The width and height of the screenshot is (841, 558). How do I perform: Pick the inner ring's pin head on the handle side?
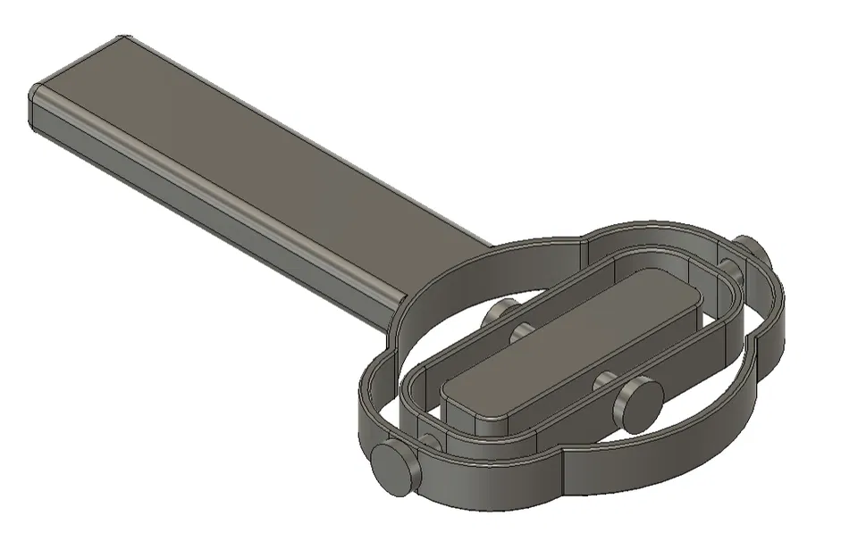point(500,314)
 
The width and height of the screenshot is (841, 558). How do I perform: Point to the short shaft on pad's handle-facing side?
point(523,333)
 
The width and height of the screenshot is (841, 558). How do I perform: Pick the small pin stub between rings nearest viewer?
point(432,442)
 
